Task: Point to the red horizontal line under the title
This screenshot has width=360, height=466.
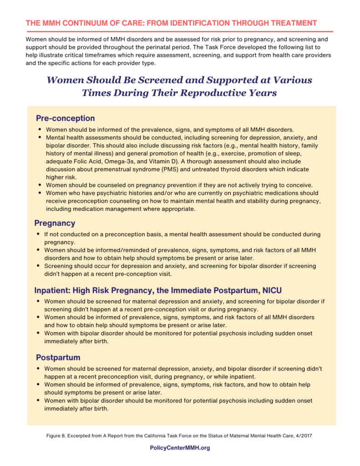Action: (x=179, y=31)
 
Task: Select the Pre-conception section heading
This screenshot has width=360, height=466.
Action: (x=66, y=118)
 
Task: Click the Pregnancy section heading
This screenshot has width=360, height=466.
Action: (x=55, y=223)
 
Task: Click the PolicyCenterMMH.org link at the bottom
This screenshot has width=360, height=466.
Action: (x=180, y=448)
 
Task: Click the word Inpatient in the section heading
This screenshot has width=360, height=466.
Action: (x=52, y=290)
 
